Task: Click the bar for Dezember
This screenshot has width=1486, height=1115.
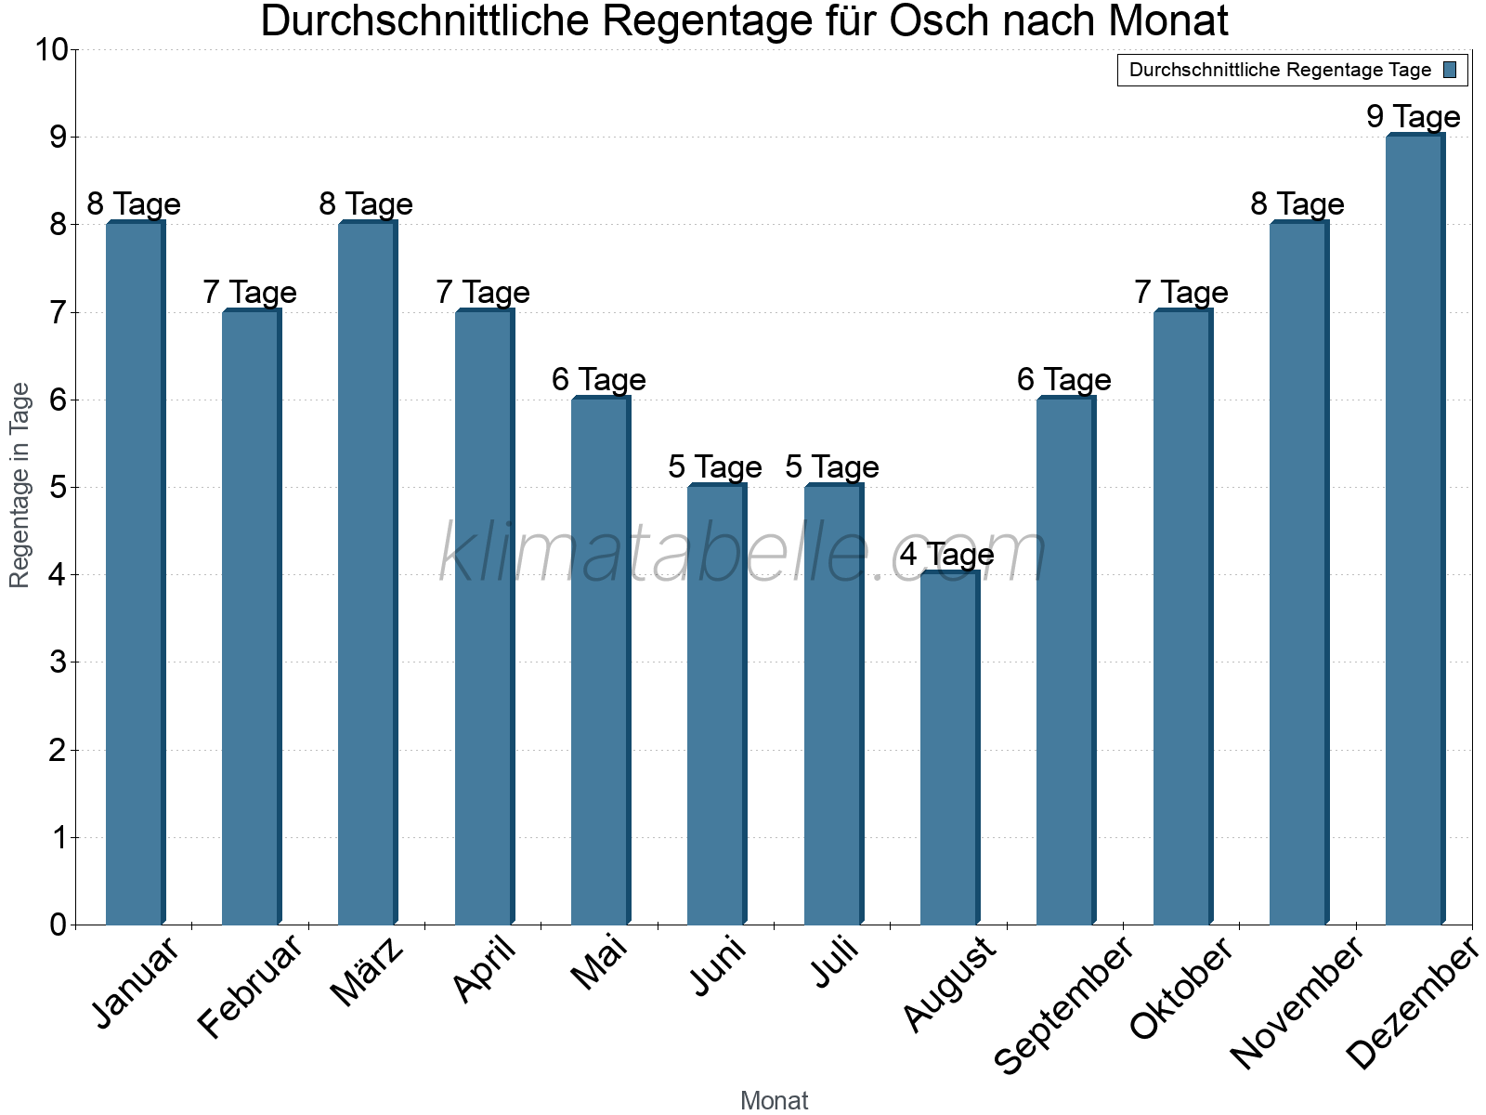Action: tap(1414, 530)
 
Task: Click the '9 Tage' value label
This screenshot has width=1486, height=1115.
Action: tap(1413, 117)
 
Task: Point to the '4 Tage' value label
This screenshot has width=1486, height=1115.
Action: tap(946, 555)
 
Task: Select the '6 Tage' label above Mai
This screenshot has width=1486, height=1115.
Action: tap(598, 379)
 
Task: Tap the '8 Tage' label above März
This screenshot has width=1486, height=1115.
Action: tap(366, 204)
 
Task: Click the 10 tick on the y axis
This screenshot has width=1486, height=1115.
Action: tap(52, 49)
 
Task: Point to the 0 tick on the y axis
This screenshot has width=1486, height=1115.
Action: tap(58, 925)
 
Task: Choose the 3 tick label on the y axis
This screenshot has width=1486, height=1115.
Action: tap(58, 662)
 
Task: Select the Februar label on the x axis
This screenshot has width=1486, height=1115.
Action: tap(251, 987)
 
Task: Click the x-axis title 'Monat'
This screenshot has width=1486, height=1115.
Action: tap(774, 1100)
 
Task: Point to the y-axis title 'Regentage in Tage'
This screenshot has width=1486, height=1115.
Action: tap(20, 485)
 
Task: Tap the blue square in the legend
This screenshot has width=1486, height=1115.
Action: tap(1450, 70)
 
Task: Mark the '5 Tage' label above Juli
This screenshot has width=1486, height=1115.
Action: tap(831, 466)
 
